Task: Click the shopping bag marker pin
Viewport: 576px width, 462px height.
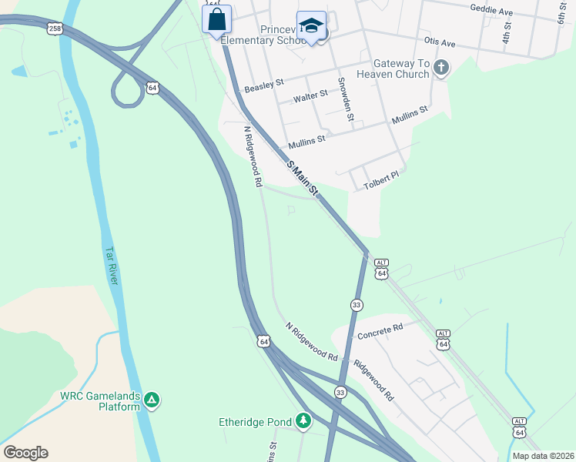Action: [x=216, y=18]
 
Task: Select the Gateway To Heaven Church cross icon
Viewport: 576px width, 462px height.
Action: [x=441, y=69]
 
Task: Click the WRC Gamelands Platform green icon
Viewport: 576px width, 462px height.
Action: [x=152, y=400]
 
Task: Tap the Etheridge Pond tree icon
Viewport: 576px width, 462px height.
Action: [x=304, y=420]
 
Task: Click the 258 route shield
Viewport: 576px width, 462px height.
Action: [x=55, y=28]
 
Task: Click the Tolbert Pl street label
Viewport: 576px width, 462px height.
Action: [x=383, y=176]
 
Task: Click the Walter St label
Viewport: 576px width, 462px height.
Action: [x=310, y=95]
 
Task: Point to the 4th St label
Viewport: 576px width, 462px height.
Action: [x=506, y=32]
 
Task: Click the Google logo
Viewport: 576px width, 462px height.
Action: [x=25, y=452]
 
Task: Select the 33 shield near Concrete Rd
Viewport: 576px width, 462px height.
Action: [x=357, y=305]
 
